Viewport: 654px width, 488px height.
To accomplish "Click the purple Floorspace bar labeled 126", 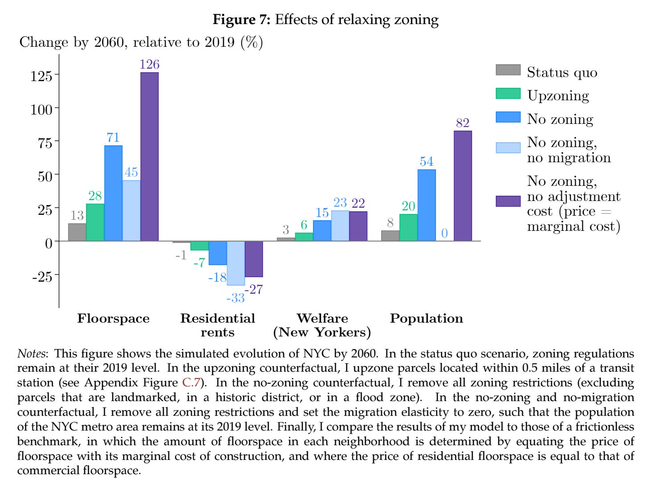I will point(149,156).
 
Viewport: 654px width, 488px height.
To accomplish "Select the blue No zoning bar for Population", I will point(427,205).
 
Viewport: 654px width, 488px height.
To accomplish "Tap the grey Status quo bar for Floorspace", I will point(77,232).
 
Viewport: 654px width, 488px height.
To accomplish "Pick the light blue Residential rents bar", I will point(236,263).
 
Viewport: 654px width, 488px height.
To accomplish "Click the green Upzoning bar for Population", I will point(408,227).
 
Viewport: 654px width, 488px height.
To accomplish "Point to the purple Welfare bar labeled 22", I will point(358,226).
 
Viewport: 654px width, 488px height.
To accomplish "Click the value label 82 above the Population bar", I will point(463,123).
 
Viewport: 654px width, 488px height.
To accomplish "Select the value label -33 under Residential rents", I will point(235,298).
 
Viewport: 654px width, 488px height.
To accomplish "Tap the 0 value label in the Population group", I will point(444,233).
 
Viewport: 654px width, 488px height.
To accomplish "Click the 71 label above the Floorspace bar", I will point(113,137).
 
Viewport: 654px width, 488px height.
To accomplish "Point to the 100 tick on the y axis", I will point(41,109).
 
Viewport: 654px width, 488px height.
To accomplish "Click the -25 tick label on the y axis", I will point(41,276).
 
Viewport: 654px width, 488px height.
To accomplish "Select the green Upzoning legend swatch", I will point(508,94).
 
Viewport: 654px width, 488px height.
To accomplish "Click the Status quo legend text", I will point(562,72).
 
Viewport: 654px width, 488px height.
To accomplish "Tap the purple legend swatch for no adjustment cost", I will point(508,201).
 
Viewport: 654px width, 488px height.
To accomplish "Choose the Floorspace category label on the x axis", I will point(113,319).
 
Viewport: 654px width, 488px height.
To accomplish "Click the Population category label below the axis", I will point(426,319).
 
